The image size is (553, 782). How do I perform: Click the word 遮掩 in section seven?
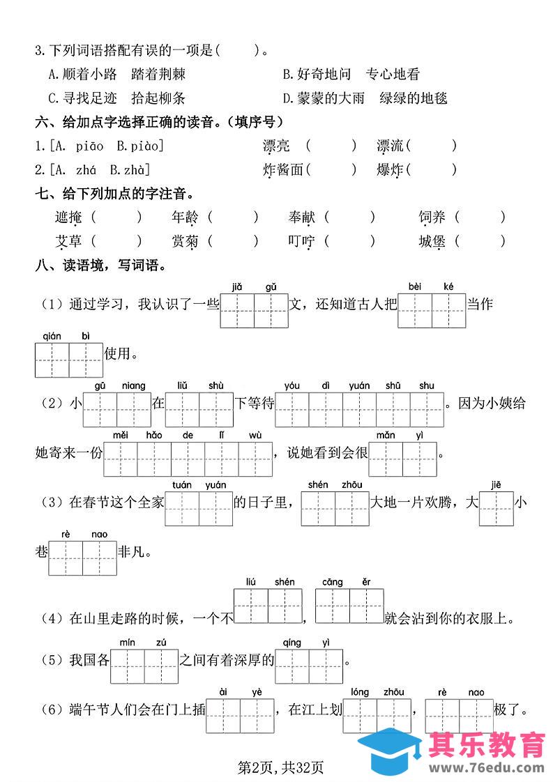(x=68, y=217)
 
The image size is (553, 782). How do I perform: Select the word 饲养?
(x=432, y=217)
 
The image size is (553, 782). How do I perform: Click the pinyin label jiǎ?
(x=236, y=286)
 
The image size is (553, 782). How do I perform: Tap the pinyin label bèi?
(x=415, y=286)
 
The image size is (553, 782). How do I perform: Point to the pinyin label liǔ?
(x=182, y=385)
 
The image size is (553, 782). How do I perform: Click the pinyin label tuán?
(x=182, y=485)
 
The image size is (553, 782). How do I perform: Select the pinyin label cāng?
(x=332, y=582)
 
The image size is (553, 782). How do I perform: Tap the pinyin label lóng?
(x=360, y=692)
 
